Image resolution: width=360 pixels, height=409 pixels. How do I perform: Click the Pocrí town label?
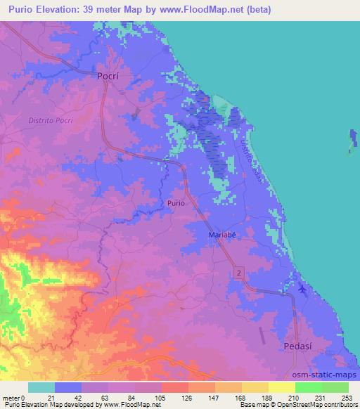(110, 74)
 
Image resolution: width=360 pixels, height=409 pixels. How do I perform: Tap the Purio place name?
(176, 203)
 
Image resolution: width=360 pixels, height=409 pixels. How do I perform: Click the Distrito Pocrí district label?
(51, 120)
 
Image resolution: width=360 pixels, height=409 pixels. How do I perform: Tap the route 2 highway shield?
(240, 272)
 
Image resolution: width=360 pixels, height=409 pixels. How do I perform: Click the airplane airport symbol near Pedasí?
(302, 289)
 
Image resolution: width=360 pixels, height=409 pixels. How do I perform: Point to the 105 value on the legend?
(162, 398)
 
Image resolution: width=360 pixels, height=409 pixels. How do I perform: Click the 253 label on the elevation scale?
(345, 398)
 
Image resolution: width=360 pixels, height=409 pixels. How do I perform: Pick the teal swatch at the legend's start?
(41, 388)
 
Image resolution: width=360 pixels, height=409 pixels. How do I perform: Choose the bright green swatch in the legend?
(309, 388)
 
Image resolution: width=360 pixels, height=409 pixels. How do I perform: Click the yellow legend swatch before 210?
(282, 388)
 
